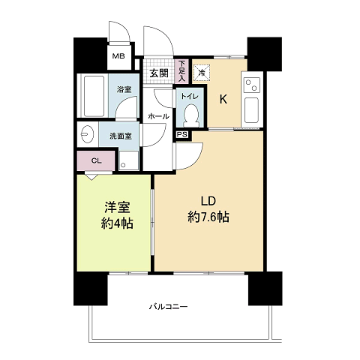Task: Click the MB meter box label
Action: click(x=118, y=56)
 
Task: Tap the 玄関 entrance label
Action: click(x=159, y=73)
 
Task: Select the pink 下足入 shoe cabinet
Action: click(x=183, y=71)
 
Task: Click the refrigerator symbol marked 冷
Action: click(x=202, y=73)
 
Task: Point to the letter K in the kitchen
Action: click(x=223, y=100)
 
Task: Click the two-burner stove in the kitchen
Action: click(x=252, y=85)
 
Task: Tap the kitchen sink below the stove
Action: click(x=251, y=110)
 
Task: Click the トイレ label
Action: click(x=190, y=97)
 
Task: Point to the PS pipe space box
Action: click(x=182, y=134)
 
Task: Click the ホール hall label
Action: click(x=158, y=116)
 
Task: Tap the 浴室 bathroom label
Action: click(x=124, y=89)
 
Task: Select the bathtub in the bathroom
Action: click(x=94, y=96)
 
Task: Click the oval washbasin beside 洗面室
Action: click(x=87, y=134)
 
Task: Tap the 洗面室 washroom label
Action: click(x=121, y=136)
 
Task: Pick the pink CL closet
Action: click(x=96, y=160)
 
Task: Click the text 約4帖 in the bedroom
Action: click(x=117, y=223)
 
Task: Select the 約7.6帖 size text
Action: click(x=208, y=217)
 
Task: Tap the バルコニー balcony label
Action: click(x=168, y=307)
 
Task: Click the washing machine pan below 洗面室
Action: click(x=129, y=160)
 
